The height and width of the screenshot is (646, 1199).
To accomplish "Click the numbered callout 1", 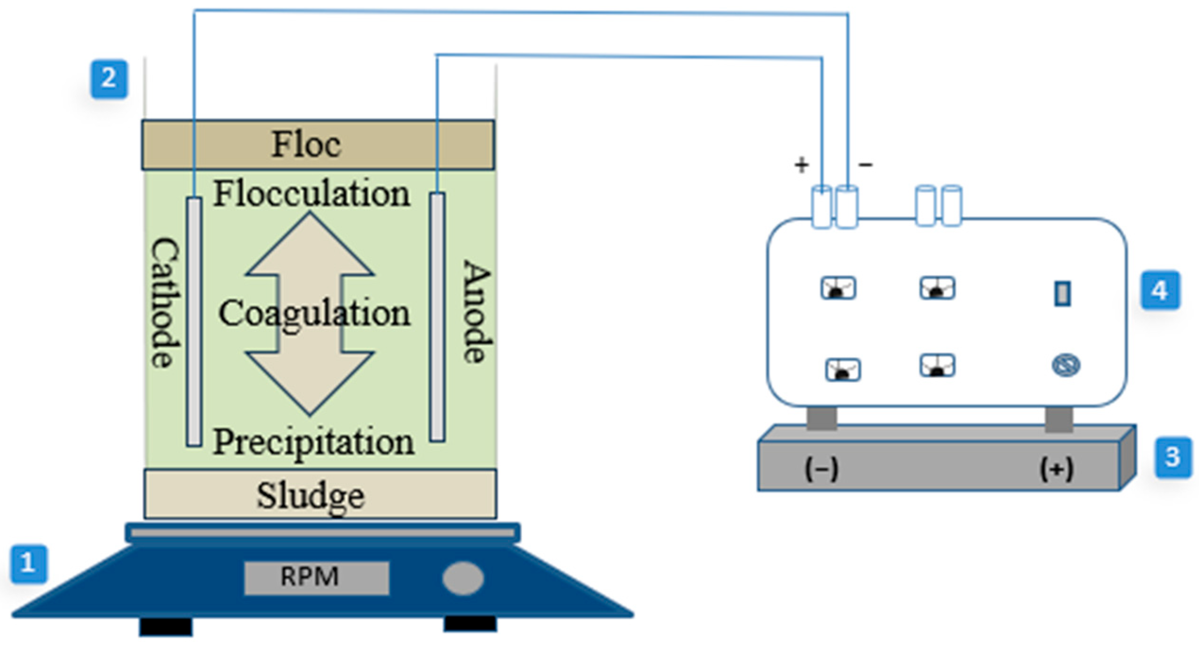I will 29,564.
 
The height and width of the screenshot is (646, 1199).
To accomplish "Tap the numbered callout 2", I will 109,78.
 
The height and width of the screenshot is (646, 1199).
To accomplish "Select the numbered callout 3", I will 1173,457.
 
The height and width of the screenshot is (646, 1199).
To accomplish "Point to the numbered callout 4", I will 1160,290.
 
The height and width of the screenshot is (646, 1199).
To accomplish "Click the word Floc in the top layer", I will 306,145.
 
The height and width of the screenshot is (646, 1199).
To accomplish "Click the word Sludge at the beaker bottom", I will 311,496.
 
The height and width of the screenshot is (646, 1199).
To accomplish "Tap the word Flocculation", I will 312,194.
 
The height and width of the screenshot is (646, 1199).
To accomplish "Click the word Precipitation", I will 313,442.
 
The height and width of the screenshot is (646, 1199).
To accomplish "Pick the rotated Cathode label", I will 165,302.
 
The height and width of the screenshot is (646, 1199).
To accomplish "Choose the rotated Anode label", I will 477,312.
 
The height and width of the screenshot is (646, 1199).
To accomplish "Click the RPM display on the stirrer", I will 316,577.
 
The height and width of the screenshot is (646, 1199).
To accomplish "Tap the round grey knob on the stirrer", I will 463,578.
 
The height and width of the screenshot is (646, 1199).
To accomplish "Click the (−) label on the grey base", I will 821,469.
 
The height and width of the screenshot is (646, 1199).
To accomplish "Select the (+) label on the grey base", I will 1056,469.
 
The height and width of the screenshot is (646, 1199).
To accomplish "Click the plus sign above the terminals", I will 802,165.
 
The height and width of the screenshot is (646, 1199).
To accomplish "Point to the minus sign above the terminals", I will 865,164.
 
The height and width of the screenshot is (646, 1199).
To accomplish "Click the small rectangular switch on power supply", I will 1062,293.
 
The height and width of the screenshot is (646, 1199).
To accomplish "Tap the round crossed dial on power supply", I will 1066,365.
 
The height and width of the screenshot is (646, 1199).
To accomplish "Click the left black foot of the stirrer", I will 166,627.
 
